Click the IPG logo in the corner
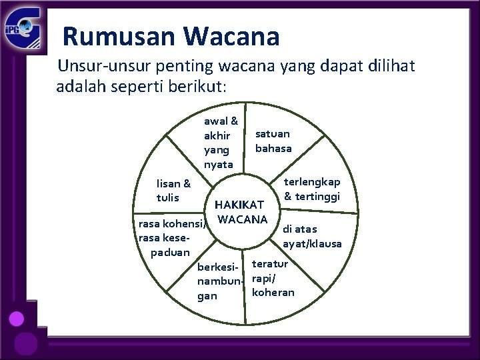24,28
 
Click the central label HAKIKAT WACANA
241,211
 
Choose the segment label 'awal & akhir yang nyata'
220,142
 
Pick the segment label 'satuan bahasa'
273,141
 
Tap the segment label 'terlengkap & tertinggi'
312,189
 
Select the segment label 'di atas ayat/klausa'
311,236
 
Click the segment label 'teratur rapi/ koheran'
273,278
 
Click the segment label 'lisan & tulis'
173,190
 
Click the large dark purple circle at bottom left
27,343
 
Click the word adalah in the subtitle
79,86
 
